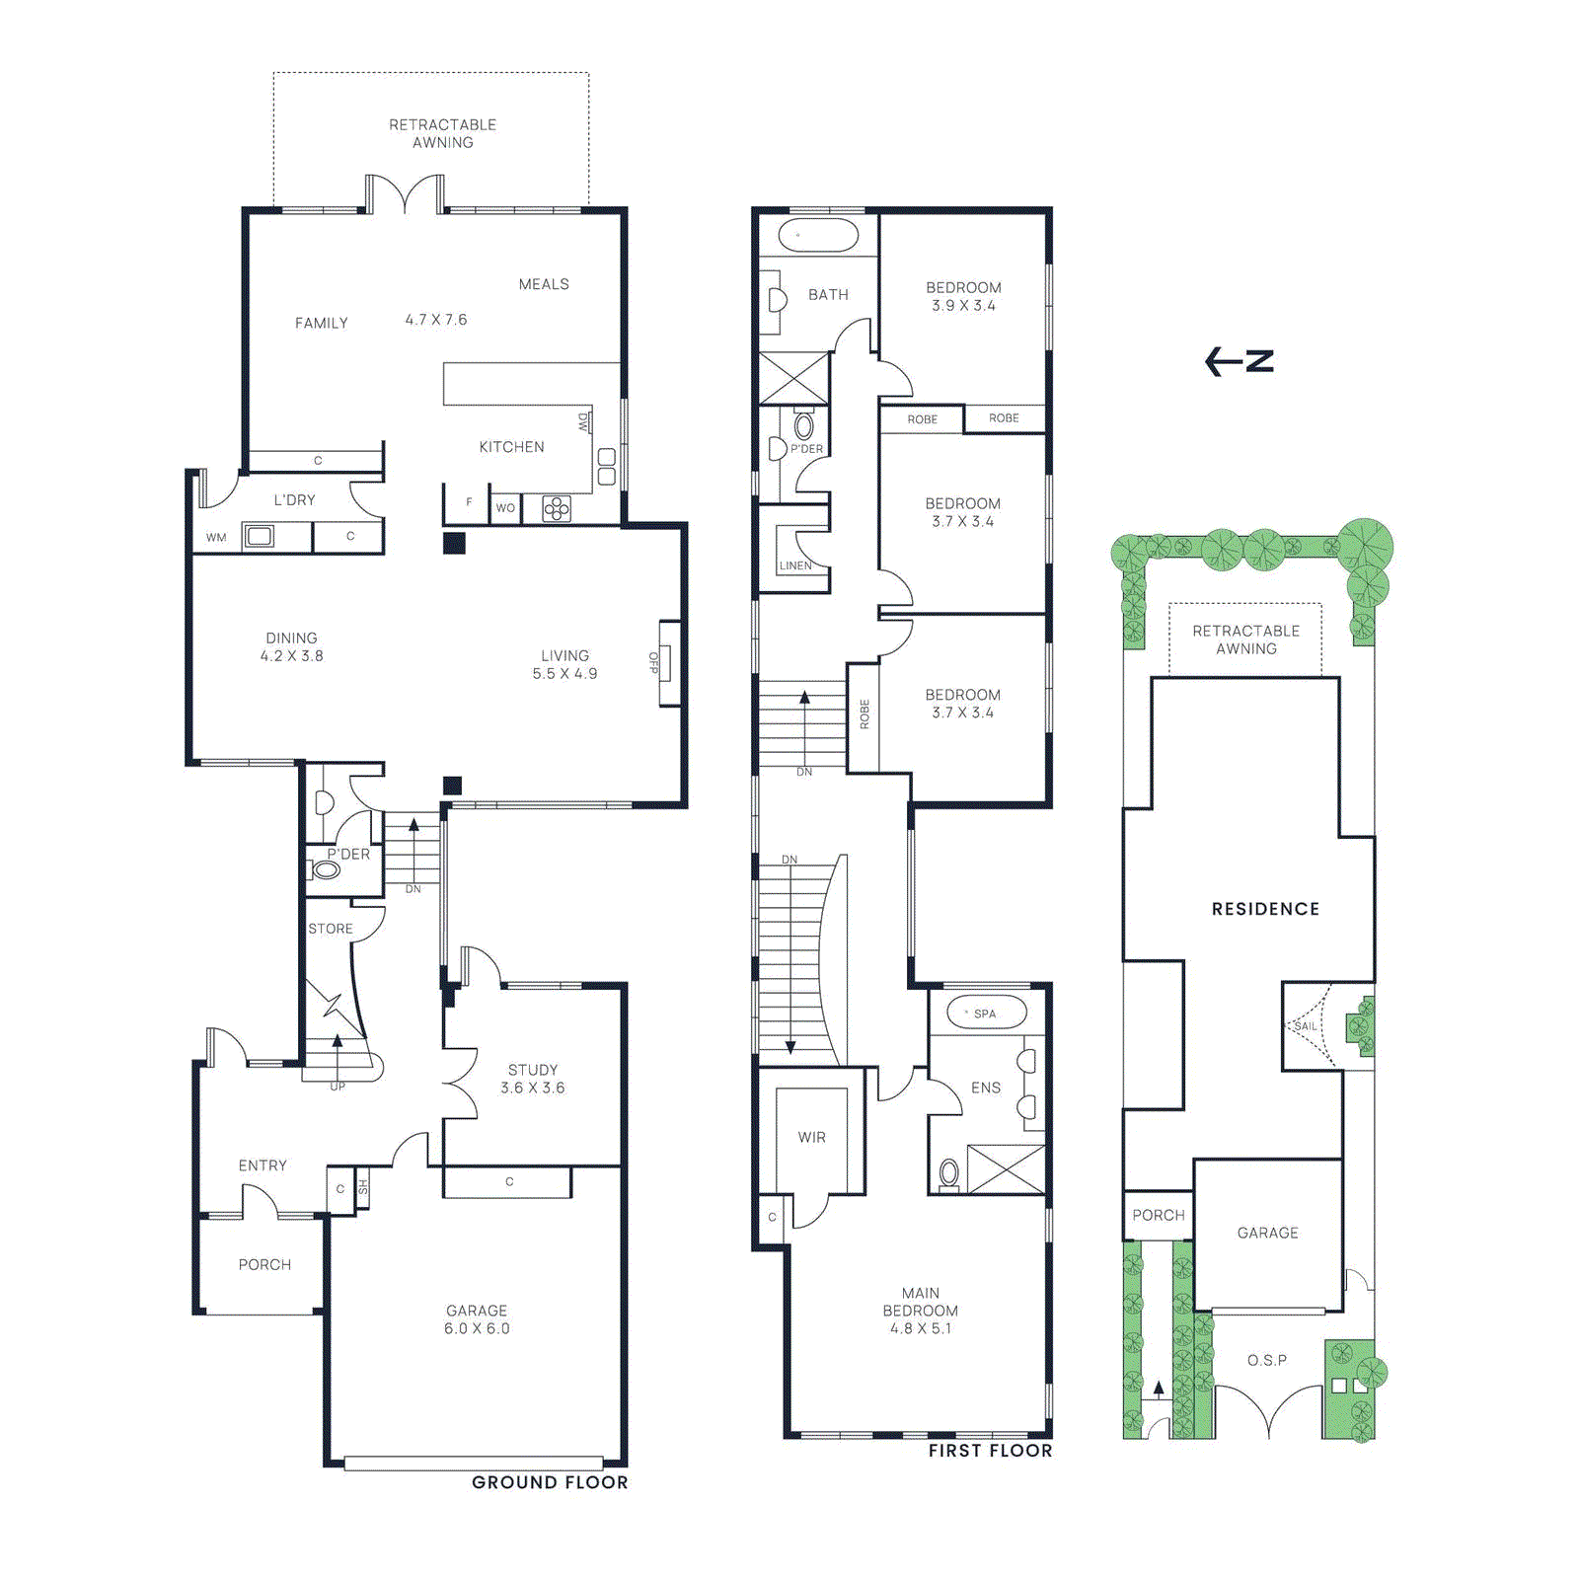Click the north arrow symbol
click(1240, 361)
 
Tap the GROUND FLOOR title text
click(550, 1482)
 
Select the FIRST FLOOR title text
click(990, 1451)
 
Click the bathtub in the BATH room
click(818, 235)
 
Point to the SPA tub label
click(985, 1014)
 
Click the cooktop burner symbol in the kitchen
click(557, 509)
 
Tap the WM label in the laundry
click(216, 538)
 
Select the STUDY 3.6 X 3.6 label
click(532, 1079)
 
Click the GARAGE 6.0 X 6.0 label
click(477, 1319)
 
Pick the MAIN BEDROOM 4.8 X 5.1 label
click(920, 1311)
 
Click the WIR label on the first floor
click(812, 1138)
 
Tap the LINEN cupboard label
click(795, 565)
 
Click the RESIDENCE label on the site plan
click(1265, 909)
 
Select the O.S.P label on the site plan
click(1267, 1360)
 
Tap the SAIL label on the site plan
click(1306, 1026)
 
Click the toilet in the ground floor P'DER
click(325, 870)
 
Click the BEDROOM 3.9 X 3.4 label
click(963, 296)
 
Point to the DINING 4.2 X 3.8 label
click(292, 646)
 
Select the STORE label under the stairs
click(331, 929)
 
